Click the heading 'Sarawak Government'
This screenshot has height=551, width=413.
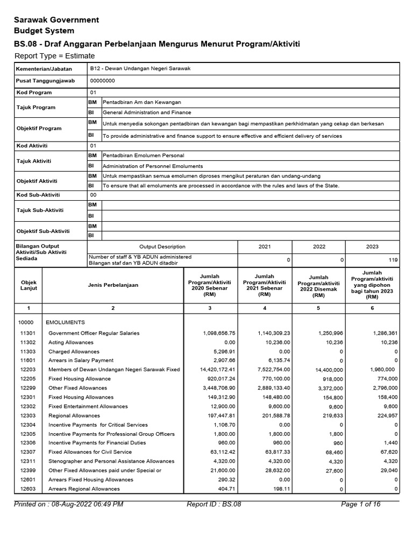tap(56, 20)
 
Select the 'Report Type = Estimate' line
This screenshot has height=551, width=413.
tap(54, 56)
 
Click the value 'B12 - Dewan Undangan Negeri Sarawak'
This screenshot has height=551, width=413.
tap(140, 69)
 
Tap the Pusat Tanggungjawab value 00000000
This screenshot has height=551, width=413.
tap(102, 81)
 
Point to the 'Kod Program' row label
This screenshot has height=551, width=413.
tap(33, 93)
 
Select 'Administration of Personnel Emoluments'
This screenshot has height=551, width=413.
tap(153, 166)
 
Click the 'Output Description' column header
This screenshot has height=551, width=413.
tap(162, 246)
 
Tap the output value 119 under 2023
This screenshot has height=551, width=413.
tap(393, 260)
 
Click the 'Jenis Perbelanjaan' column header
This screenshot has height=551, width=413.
tap(112, 285)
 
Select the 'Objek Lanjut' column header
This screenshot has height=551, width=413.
tap(29, 285)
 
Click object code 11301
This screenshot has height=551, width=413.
tap(27, 333)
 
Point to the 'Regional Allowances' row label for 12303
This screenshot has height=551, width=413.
tap(74, 415)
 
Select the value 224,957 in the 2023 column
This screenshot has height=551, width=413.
tap(386, 416)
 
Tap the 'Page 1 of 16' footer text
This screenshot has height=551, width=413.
tap(361, 504)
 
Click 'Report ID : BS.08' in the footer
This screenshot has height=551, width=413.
tap(214, 504)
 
